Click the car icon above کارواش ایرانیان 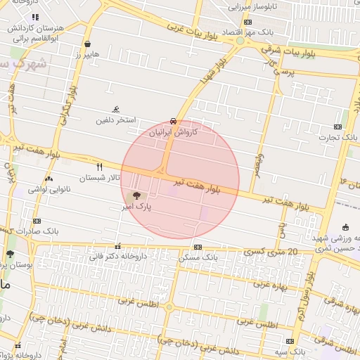(x=174, y=121)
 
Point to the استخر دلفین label (x=115, y=120)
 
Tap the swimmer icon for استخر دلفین (x=116, y=109)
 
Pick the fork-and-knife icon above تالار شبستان (x=99, y=167)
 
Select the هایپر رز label (x=87, y=53)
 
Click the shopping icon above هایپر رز (x=87, y=43)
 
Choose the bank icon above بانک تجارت (x=337, y=127)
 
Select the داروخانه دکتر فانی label (x=117, y=256)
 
